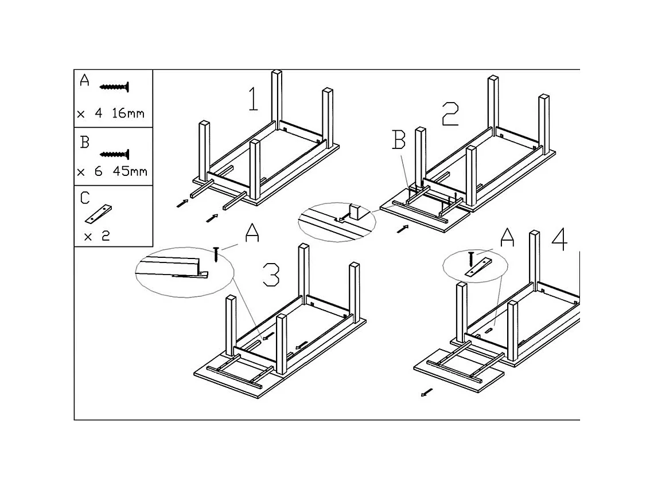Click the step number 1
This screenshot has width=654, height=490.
[253, 99]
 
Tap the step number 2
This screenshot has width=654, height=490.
[450, 113]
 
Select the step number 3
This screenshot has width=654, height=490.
[271, 275]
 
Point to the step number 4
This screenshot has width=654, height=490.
[559, 239]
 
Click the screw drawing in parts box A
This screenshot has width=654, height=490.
[114, 87]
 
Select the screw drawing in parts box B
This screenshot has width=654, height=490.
[114, 155]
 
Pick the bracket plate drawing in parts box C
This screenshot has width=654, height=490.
[99, 214]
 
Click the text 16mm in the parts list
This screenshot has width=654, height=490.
[128, 113]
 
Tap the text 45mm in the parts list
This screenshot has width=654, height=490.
[130, 171]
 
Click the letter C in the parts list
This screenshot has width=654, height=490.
[85, 198]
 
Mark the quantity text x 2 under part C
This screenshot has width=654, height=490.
[97, 237]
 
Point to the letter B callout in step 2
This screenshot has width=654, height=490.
[399, 140]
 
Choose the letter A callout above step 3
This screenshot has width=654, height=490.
[252, 233]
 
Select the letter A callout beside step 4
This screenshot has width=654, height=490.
[507, 237]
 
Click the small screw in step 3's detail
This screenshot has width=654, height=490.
[216, 254]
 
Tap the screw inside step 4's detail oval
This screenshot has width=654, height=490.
[471, 259]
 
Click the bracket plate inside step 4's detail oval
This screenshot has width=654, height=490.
[478, 268]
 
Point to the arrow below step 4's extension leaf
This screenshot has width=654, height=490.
[427, 393]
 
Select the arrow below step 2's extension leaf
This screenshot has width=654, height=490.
[403, 229]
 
